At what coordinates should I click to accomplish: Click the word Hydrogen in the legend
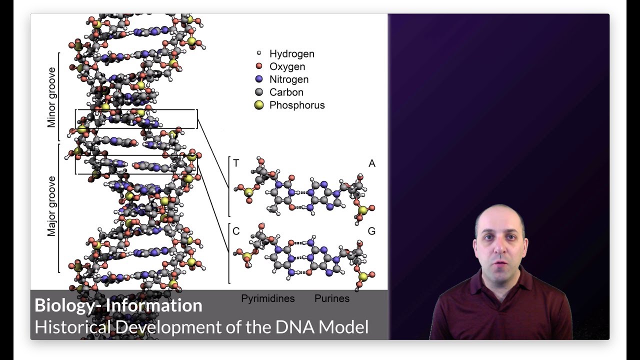[x=291, y=53]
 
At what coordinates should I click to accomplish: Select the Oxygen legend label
[x=287, y=66]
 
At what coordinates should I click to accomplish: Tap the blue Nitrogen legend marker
[x=259, y=79]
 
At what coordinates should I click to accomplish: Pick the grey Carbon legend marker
[x=259, y=92]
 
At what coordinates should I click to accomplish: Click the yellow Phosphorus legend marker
[x=259, y=105]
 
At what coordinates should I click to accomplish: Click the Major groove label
[x=51, y=206]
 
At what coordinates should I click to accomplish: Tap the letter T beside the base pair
[x=236, y=163]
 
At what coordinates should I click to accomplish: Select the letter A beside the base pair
[x=371, y=163]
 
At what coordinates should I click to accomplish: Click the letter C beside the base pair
[x=236, y=231]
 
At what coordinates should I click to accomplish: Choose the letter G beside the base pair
[x=371, y=231]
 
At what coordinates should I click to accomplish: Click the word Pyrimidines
[x=268, y=298]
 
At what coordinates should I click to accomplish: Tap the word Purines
[x=332, y=298]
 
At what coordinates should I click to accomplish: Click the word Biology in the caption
[x=62, y=305]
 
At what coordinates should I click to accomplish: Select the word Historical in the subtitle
[x=73, y=327]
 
